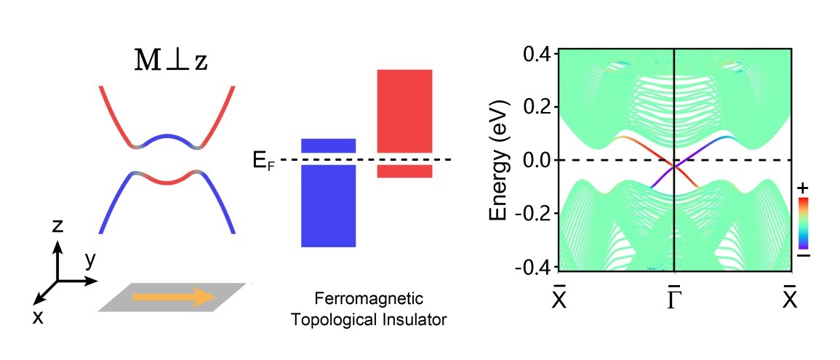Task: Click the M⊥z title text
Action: (171, 61)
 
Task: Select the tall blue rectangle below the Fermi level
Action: (328, 206)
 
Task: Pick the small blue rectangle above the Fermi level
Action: (328, 145)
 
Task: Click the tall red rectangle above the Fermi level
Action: (404, 111)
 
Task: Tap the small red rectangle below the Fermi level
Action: (404, 172)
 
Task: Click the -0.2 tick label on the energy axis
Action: (532, 213)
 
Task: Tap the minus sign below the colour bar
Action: (804, 256)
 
